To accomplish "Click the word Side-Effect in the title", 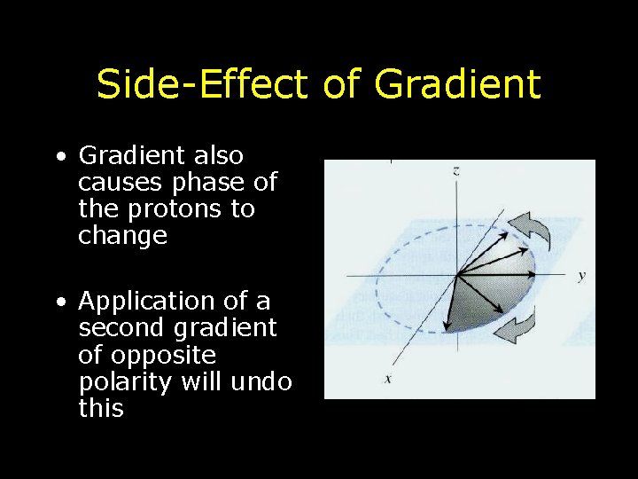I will coord(202,85).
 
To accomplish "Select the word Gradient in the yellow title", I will coord(457,85).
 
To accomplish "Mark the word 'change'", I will coord(122,236).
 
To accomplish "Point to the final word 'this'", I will coord(100,408).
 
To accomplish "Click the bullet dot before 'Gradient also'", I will coord(58,158).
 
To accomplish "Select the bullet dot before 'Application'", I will coord(58,303).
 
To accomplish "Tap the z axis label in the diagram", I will coord(455,171).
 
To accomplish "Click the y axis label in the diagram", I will coord(581,276).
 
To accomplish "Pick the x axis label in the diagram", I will coord(387,380).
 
